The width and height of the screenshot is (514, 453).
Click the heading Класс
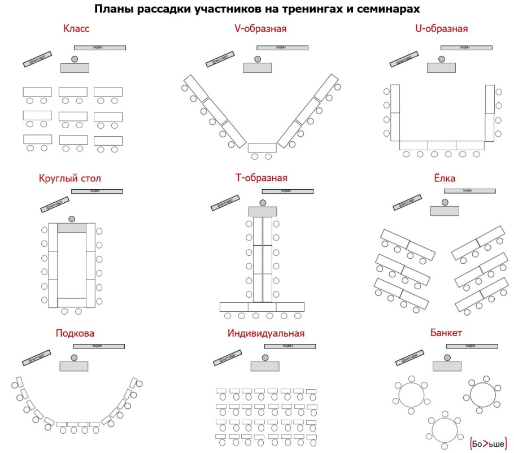click(x=76, y=28)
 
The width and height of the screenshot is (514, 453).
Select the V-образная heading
click(x=261, y=28)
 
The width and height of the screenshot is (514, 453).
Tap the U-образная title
click(x=441, y=28)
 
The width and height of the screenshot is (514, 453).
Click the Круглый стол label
click(x=70, y=178)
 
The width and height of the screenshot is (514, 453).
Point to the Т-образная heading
click(x=261, y=178)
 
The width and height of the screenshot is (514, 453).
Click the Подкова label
click(x=75, y=333)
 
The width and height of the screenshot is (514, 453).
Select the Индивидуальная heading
click(x=265, y=333)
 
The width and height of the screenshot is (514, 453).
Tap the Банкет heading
click(x=446, y=333)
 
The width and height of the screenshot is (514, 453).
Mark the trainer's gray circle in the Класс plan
click(x=75, y=59)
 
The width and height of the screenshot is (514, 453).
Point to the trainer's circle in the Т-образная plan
click(x=263, y=202)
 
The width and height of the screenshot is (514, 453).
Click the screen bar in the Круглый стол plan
click(x=97, y=191)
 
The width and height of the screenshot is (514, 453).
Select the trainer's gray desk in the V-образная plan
click(x=258, y=68)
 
